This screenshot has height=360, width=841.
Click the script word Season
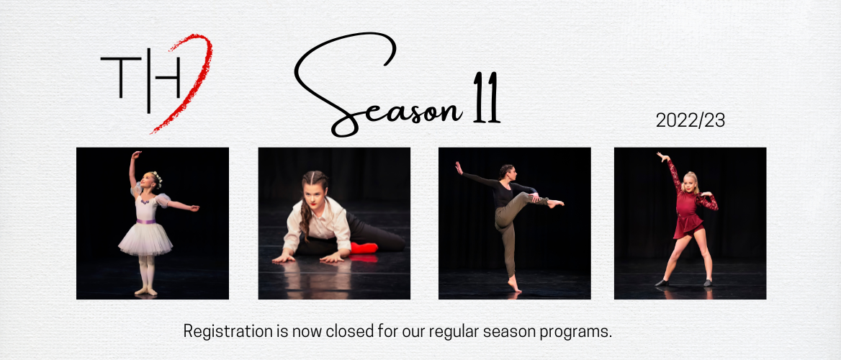pyautogui.click(x=375, y=86)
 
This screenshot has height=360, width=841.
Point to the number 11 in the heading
pyautogui.click(x=487, y=97)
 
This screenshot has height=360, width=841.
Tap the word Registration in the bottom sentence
pyautogui.click(x=228, y=331)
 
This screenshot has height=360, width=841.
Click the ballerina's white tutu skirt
pyautogui.click(x=145, y=239)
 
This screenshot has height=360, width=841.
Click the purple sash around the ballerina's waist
pyautogui.click(x=146, y=220)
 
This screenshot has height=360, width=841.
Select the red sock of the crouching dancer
pyautogui.click(x=364, y=248)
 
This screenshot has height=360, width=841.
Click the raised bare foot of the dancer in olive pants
pyautogui.click(x=555, y=203)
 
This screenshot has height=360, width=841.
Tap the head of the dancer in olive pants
pyautogui.click(x=508, y=172)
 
